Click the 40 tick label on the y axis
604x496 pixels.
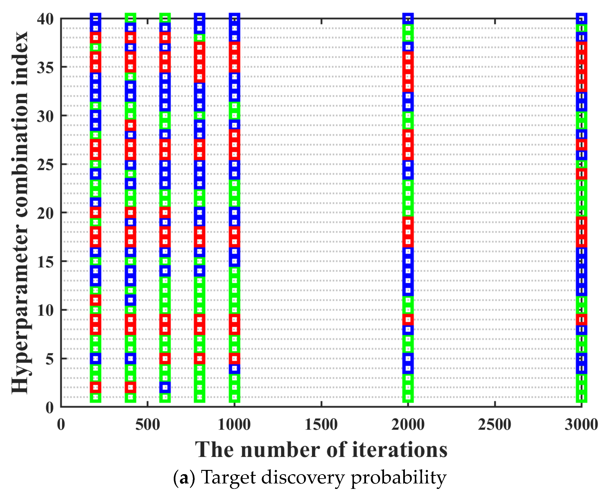coord(45,19)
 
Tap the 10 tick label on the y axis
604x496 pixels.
coord(45,311)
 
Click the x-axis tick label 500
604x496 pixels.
coord(148,425)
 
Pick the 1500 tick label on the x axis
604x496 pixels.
coord(321,425)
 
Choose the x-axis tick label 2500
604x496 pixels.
coord(495,425)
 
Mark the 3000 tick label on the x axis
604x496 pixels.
coord(581,425)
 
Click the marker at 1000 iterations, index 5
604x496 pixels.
coord(234,358)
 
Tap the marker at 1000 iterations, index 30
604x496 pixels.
coord(234,116)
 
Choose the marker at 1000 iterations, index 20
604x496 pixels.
coord(234,213)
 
